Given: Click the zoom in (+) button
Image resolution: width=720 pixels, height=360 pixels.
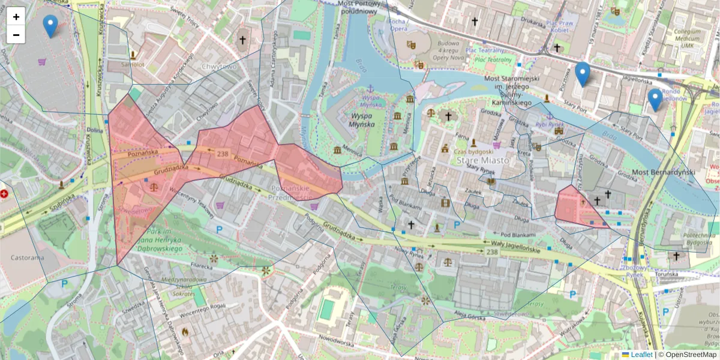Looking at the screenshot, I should click(16, 17).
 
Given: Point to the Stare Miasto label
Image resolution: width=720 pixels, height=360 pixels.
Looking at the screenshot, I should click(482, 161).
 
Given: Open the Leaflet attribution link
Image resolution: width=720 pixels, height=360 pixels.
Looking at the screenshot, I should click(641, 355).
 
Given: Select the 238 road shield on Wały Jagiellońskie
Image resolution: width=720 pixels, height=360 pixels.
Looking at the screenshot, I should click(492, 253).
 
